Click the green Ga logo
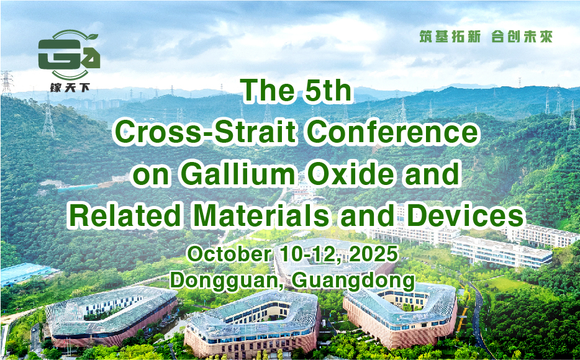point(69,55)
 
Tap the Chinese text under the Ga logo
point(70,88)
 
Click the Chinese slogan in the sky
point(486,37)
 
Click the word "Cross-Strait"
point(206,132)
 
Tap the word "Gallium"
point(238,174)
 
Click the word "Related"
point(125,215)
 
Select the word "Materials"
point(261,215)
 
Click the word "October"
point(230,254)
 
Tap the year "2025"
point(374,254)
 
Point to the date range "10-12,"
point(312,254)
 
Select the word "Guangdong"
point(353,281)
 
